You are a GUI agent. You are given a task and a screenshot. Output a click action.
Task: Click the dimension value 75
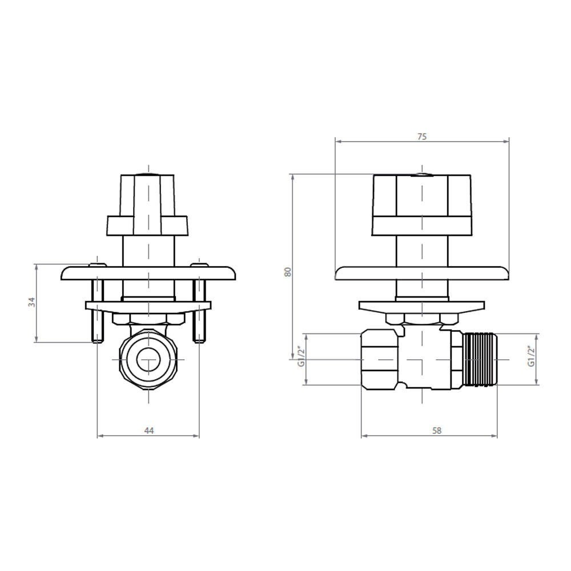point(422,137)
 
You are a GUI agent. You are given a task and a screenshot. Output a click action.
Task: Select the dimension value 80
point(288,272)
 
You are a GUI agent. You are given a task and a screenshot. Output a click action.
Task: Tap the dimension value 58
point(437,431)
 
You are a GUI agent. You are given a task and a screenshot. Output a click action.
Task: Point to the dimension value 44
point(149,431)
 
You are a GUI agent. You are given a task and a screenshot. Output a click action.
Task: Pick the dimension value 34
point(32,302)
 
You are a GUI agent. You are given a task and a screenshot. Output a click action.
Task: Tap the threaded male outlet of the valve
point(481,359)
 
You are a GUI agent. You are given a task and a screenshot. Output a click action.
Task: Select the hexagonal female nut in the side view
point(380,359)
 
